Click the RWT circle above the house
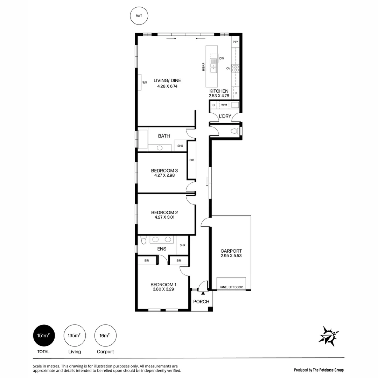click(139, 16)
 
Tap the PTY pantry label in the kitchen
click(235, 42)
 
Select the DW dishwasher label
click(222, 58)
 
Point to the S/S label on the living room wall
click(144, 83)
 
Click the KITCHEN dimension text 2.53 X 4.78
click(219, 96)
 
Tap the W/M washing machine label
click(224, 105)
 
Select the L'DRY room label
click(225, 116)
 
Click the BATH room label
click(164, 136)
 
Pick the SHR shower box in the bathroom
click(180, 146)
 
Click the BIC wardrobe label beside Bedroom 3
click(191, 160)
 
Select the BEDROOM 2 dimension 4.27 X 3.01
click(164, 217)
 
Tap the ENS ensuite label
click(161, 249)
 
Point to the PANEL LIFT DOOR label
click(231, 287)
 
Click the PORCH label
click(201, 301)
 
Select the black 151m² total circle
click(44, 336)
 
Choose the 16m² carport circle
click(105, 336)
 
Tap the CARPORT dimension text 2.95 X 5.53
click(231, 255)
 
